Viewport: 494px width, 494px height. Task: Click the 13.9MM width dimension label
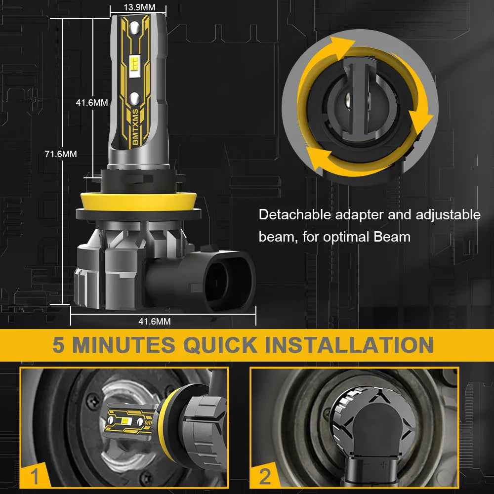pyautogui.click(x=139, y=7)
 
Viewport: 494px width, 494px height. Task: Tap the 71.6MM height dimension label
pyautogui.click(x=61, y=154)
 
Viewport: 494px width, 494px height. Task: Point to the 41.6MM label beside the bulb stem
pyautogui.click(x=92, y=102)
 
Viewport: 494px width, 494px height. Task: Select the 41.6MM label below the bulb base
pyautogui.click(x=154, y=322)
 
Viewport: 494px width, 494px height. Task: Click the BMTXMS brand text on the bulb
pyautogui.click(x=135, y=126)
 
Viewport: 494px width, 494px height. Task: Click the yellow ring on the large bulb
pyautogui.click(x=139, y=202)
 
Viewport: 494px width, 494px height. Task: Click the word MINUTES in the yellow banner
pyautogui.click(x=124, y=345)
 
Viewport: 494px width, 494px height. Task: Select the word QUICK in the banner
pyautogui.click(x=220, y=345)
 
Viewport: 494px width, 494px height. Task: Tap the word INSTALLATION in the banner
pyautogui.click(x=349, y=345)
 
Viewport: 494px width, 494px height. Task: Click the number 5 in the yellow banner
pyautogui.click(x=59, y=345)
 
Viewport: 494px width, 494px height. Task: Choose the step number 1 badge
pyautogui.click(x=35, y=476)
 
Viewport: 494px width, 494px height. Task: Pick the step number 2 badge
pyautogui.click(x=265, y=476)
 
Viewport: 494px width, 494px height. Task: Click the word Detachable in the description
pyautogui.click(x=295, y=214)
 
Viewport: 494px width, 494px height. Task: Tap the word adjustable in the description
pyautogui.click(x=448, y=214)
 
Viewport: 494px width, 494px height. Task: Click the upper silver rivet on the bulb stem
pyautogui.click(x=134, y=28)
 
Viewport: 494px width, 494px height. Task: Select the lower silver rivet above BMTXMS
pyautogui.click(x=135, y=99)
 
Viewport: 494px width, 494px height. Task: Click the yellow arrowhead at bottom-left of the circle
pyautogui.click(x=318, y=159)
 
